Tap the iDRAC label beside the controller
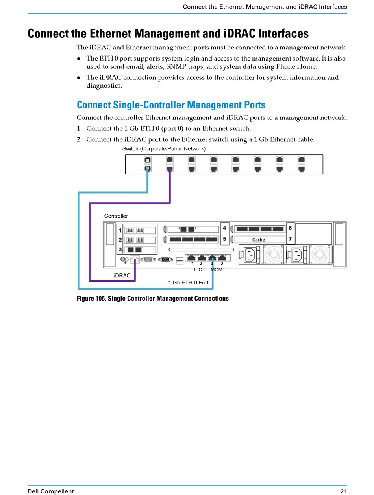click(122, 275)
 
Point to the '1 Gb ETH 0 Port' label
click(188, 282)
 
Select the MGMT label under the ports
click(218, 269)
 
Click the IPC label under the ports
click(198, 269)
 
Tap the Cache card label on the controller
click(259, 240)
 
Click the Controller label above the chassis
click(116, 216)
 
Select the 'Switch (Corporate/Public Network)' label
click(164, 148)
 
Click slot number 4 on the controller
click(224, 228)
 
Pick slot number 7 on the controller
click(290, 238)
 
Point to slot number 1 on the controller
click(120, 230)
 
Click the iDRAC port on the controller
click(135, 259)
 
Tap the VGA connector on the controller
click(165, 259)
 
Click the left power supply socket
click(250, 255)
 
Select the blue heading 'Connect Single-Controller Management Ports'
click(171, 104)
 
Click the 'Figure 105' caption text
click(152, 298)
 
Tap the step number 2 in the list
click(78, 139)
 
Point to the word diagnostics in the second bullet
click(104, 86)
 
